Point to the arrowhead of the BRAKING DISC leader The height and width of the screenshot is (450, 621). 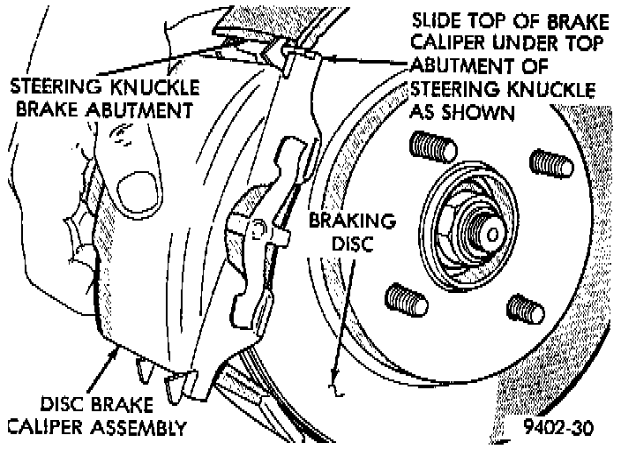[x=332, y=385]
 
